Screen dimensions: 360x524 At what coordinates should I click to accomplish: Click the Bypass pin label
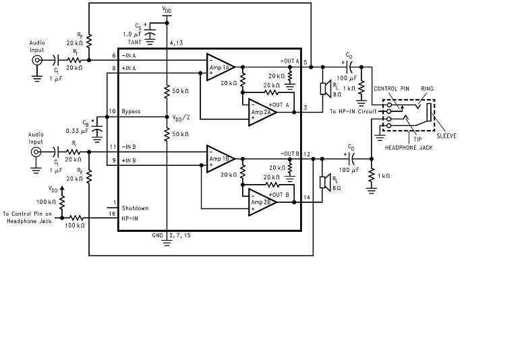pyautogui.click(x=131, y=111)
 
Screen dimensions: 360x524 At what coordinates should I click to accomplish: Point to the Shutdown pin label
pyautogui.click(x=135, y=208)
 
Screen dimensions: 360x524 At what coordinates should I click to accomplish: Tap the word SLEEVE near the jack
pyautogui.click(x=446, y=136)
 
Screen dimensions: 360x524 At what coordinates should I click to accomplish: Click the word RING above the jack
pyautogui.click(x=428, y=88)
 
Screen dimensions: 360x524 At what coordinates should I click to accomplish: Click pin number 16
pyautogui.click(x=114, y=213)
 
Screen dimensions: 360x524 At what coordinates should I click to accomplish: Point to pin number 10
pyautogui.click(x=113, y=111)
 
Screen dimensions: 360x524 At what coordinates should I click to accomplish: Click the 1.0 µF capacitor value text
pyautogui.click(x=132, y=34)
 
